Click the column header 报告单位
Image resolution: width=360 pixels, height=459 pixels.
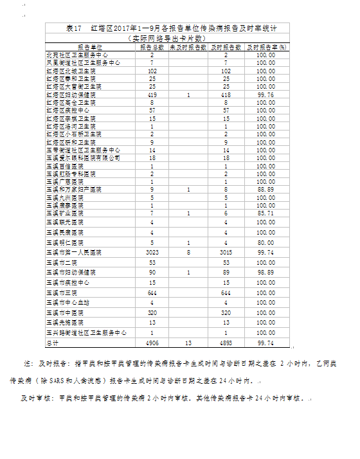click(89, 48)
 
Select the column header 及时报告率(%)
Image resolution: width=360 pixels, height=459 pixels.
click(265, 48)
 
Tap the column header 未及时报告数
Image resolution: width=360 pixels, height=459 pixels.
click(189, 48)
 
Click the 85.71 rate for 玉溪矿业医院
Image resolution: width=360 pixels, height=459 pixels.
click(265, 213)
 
